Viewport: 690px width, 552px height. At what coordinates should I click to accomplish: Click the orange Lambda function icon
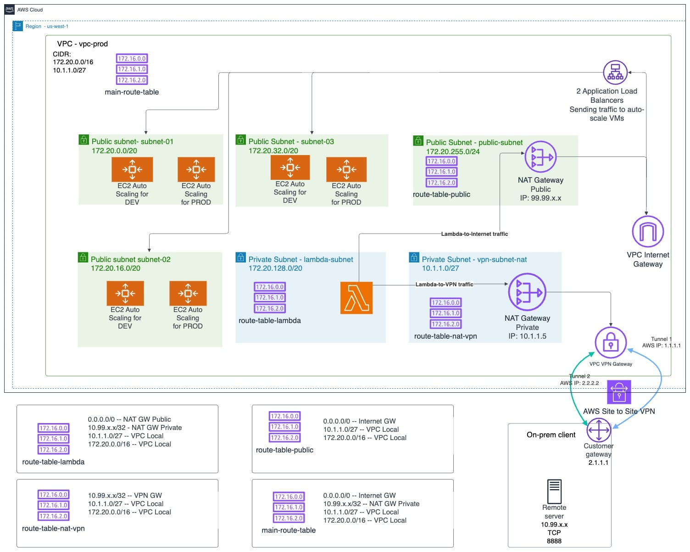pos(356,298)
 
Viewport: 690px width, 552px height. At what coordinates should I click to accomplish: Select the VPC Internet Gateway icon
pos(647,231)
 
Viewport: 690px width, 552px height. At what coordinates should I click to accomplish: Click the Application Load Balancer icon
pos(615,72)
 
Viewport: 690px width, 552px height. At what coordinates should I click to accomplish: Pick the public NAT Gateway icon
pos(540,157)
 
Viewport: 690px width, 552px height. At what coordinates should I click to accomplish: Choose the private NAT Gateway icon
pos(527,292)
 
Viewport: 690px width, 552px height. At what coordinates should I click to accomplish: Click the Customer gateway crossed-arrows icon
pos(599,430)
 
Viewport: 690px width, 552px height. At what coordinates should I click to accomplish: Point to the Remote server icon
pos(554,491)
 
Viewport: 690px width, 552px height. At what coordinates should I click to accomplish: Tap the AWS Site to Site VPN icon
pos(619,392)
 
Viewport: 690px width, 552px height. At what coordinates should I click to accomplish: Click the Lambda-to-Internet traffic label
pos(474,234)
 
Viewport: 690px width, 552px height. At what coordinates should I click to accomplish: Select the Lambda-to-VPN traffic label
pos(444,284)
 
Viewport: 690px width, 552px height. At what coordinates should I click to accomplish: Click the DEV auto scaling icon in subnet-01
pos(132,169)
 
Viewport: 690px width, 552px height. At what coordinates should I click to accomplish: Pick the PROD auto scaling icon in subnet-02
pos(188,293)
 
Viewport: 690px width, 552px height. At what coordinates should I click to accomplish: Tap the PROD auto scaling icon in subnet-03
pos(346,169)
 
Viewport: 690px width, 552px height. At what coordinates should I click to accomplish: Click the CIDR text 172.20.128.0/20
pos(275,268)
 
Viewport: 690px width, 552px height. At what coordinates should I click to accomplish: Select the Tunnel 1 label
pos(661,339)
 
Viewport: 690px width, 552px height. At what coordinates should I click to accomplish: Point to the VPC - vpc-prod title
pos(83,44)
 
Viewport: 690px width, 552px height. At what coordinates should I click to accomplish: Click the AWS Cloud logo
pos(10,9)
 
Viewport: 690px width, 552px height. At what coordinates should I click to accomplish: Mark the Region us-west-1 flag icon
pos(18,26)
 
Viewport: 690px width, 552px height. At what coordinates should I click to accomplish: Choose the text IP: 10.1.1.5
pos(527,336)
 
